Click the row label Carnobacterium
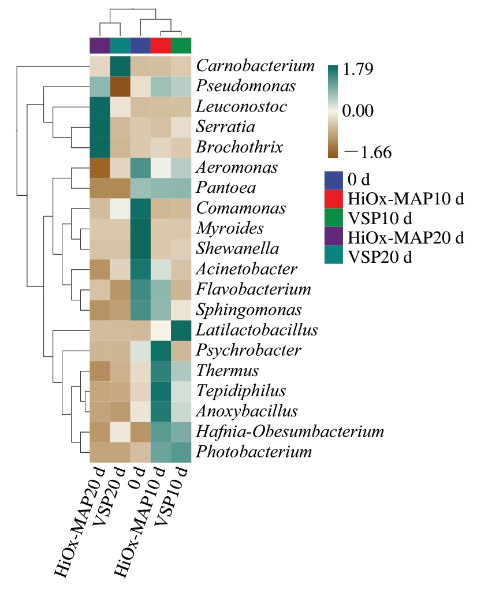click(255, 66)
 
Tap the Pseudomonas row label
click(245, 86)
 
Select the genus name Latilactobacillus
click(257, 330)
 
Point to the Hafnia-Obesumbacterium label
click(290, 431)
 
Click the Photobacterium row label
click(254, 452)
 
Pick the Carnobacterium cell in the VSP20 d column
click(120, 66)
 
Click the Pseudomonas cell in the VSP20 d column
click(120, 87)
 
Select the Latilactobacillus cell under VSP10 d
click(181, 330)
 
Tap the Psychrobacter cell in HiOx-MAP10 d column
click(161, 351)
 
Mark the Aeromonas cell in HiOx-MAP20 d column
click(100, 167)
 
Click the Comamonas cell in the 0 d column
click(140, 208)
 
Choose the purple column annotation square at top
click(100, 46)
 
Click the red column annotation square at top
click(161, 46)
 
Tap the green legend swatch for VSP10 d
click(334, 218)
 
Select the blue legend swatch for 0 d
click(334, 180)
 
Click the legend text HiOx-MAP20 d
click(405, 238)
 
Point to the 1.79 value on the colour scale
click(358, 69)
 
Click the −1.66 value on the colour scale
click(368, 152)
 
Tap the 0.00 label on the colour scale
click(358, 111)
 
